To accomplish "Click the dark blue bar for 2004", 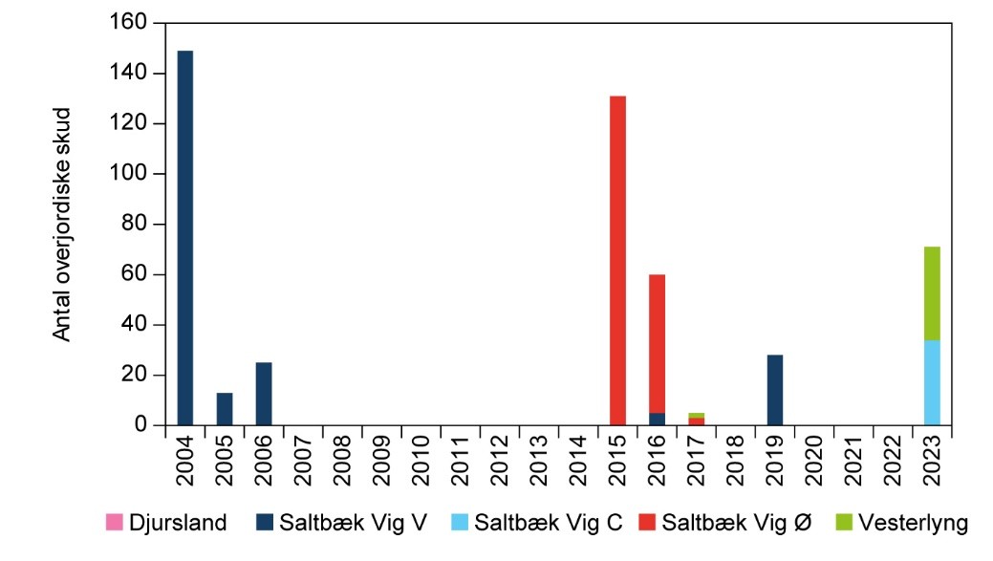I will click(x=185, y=239).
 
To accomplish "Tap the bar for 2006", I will click(x=264, y=394).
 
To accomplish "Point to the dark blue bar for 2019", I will click(x=775, y=390).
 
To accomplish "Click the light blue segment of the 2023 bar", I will click(x=932, y=382).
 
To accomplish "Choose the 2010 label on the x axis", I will click(x=421, y=461).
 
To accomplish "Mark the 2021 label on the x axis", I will click(x=853, y=461).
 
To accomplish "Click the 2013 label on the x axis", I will click(x=539, y=461).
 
